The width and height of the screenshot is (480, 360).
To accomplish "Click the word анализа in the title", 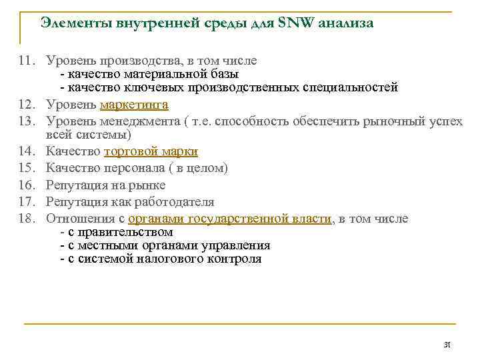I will (x=346, y=23).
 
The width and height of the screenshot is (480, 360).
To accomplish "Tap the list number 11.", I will (x=27, y=61).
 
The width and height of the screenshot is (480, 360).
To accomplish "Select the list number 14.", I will (x=27, y=152).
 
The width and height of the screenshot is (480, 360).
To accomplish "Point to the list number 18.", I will (x=27, y=219).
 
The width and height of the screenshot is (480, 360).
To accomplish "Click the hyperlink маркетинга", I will (x=134, y=105).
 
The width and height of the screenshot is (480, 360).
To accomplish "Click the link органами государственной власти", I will (x=230, y=219).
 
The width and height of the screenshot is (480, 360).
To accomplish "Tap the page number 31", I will (x=447, y=345).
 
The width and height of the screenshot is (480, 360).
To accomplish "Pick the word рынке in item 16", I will (x=149, y=185).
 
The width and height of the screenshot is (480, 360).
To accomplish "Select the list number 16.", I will (x=27, y=185).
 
